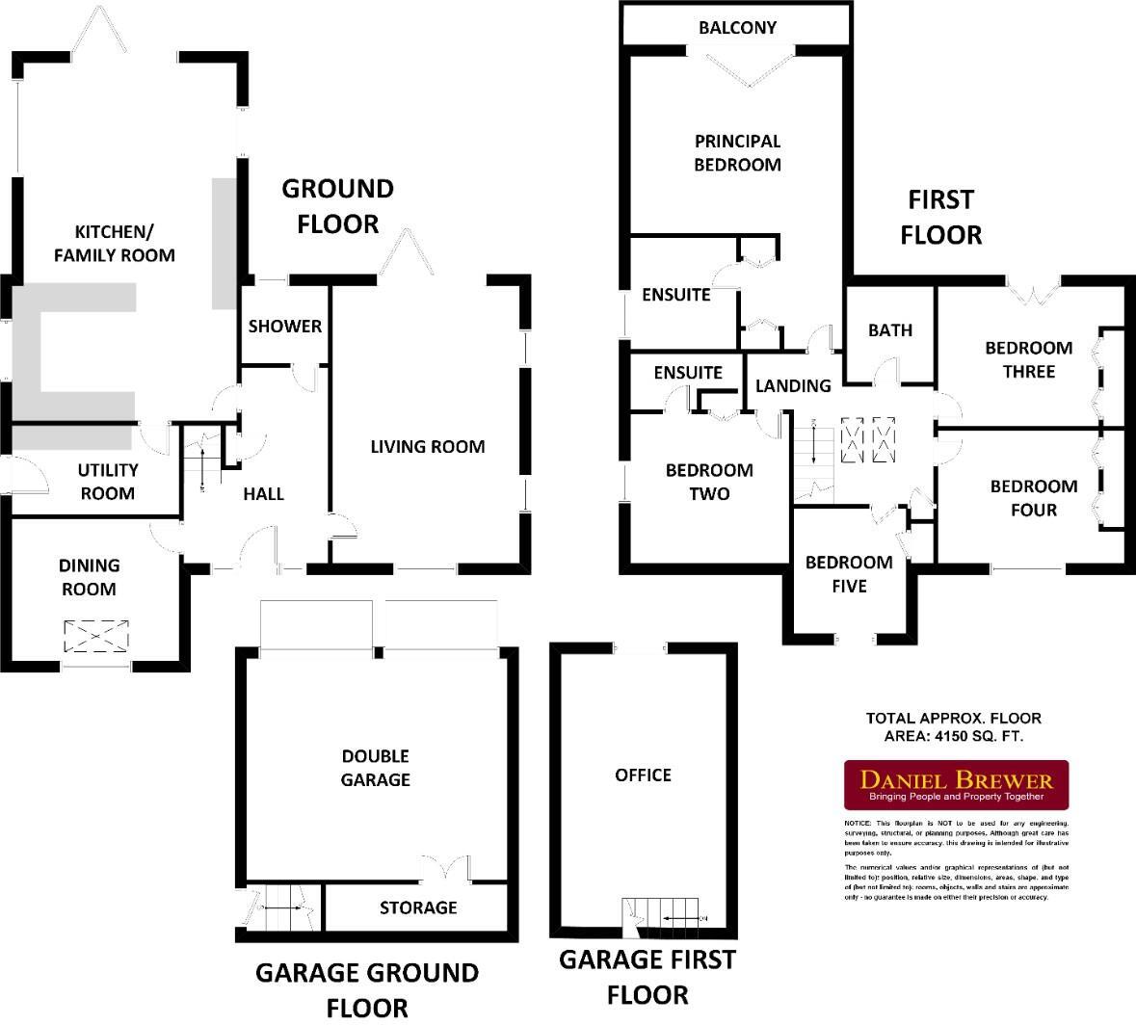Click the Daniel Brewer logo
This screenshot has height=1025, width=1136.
click(x=957, y=784)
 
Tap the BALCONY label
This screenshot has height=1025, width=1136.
click(x=737, y=27)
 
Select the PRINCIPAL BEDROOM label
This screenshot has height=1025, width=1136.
click(x=737, y=153)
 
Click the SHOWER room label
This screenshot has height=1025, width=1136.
click(x=285, y=327)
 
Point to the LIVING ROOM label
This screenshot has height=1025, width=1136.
click(x=428, y=447)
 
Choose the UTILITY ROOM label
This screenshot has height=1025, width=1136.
click(x=107, y=482)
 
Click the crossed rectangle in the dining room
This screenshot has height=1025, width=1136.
click(x=95, y=636)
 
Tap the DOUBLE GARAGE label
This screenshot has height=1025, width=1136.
click(x=375, y=768)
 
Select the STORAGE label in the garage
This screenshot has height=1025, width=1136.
click(x=417, y=907)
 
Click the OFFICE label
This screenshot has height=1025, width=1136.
click(x=643, y=775)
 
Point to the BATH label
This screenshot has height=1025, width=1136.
click(x=889, y=330)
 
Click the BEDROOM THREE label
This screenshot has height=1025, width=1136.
click(x=1028, y=359)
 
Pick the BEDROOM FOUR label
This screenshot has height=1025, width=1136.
click(x=1033, y=498)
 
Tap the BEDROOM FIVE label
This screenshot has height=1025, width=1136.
click(x=849, y=574)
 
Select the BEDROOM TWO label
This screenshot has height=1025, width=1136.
click(x=709, y=482)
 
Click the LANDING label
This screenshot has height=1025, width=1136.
click(x=792, y=386)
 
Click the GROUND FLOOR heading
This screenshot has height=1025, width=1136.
click(x=337, y=206)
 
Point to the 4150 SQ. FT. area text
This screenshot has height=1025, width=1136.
click(x=953, y=736)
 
